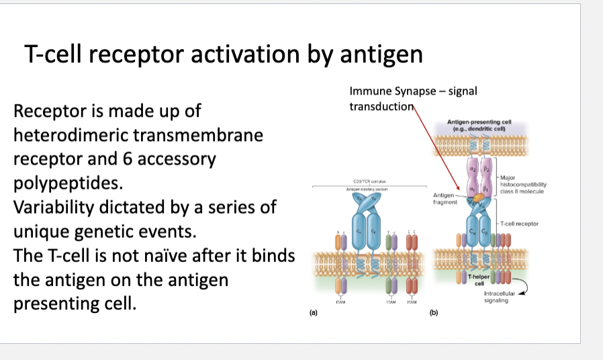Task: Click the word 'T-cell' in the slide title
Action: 56,54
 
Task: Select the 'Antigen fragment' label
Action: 444,198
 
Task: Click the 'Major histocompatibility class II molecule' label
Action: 524,184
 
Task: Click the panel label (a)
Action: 313,313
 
